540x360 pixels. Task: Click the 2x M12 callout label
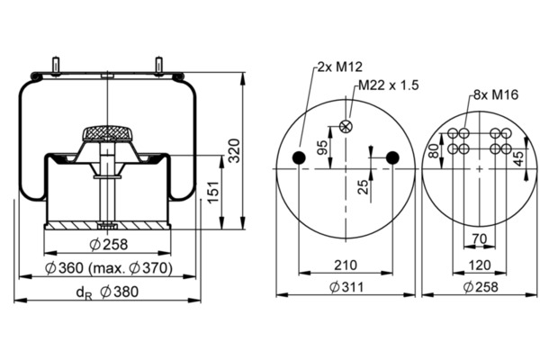pos(339,67)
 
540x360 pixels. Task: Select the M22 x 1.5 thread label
pos(388,85)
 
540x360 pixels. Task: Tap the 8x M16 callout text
pos(496,94)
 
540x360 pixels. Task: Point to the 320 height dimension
pos(235,150)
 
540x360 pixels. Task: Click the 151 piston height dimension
pos(213,192)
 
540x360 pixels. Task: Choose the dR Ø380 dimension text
pos(107,292)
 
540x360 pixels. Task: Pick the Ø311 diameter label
pos(346,286)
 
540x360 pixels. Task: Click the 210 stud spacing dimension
pos(346,265)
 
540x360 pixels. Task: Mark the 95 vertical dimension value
pos(322,148)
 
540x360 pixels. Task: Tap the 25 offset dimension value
pos(363,187)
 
